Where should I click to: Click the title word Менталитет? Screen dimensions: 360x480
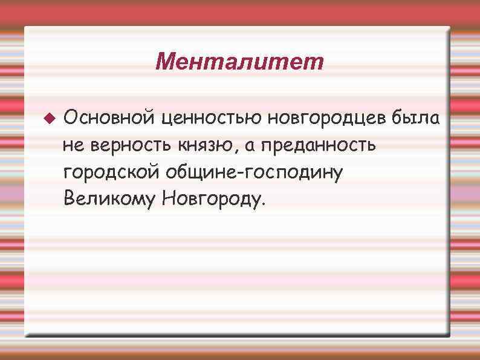[239, 61]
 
